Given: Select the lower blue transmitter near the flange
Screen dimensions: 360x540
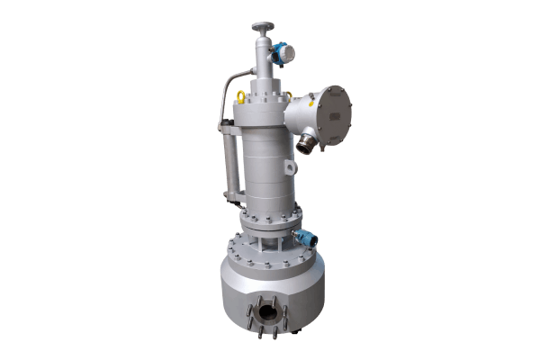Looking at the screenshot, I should (308, 238).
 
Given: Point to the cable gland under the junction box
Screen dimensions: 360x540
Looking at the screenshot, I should (309, 143).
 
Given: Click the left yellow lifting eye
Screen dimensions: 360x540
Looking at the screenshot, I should (240, 94).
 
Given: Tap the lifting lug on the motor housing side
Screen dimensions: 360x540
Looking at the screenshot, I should (287, 167).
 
